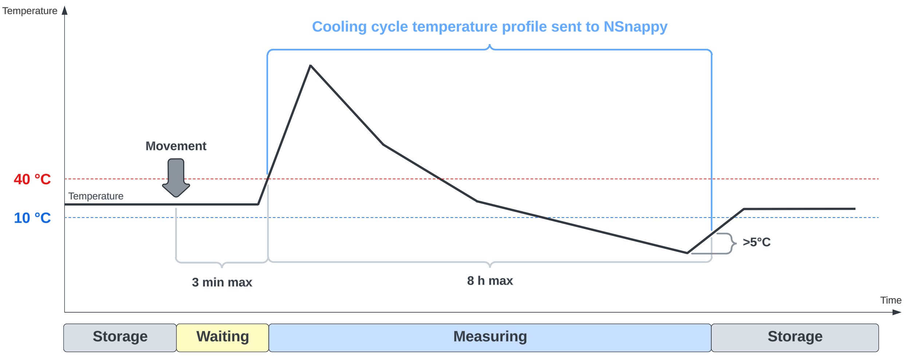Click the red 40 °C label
coord(32,179)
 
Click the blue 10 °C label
coord(32,218)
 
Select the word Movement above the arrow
coord(176,146)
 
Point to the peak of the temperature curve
coord(310,66)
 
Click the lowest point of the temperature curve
coord(687,253)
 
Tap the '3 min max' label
coord(222,282)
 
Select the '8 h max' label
coord(490,281)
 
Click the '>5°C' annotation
coord(756,242)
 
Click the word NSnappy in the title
coord(635,27)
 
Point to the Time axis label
coord(891,300)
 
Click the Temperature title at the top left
coord(30,11)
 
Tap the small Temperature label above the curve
coord(96,196)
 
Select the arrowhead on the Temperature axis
coord(65,10)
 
